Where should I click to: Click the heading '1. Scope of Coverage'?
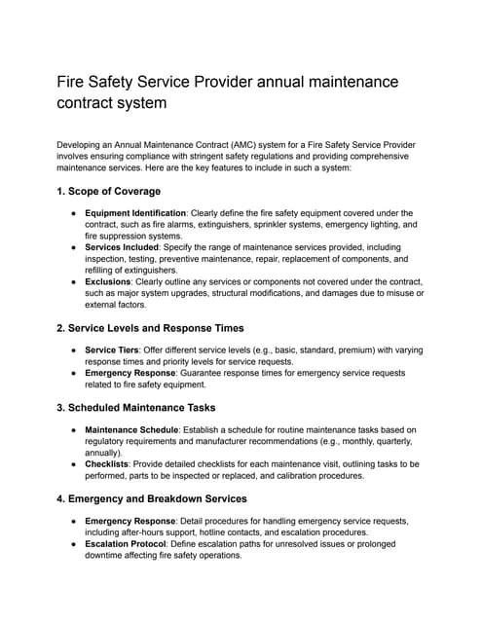[109, 191]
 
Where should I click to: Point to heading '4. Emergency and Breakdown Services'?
[152, 498]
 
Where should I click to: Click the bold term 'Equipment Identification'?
[135, 212]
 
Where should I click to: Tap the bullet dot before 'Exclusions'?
[73, 281]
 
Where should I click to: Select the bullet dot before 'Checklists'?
[73, 464]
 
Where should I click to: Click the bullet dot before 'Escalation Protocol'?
[73, 544]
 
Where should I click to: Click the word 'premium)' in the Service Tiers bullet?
[338, 349]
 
